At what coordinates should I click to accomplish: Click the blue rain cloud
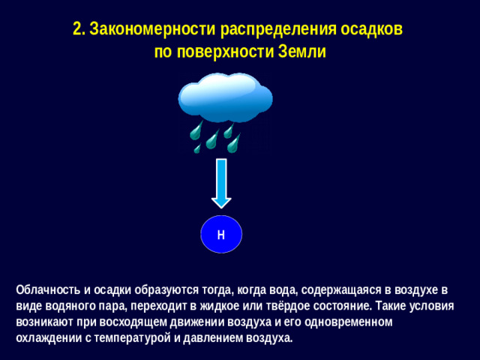(225, 97)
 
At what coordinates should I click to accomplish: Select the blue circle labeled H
(221, 234)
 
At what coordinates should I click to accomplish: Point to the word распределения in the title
(274, 29)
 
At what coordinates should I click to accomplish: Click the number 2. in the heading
(79, 29)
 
